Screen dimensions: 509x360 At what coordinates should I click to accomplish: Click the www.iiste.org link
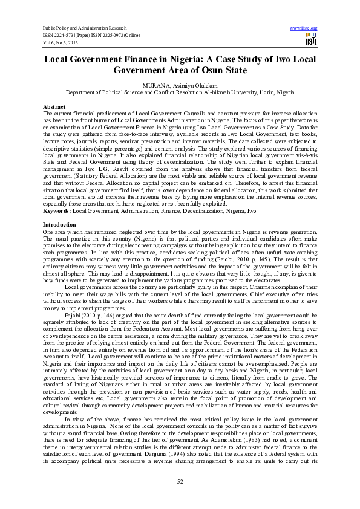click(x=304, y=28)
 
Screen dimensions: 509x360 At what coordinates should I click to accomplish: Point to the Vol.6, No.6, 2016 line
click(x=61, y=43)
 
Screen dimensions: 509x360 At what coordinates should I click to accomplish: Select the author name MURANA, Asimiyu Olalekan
click(x=180, y=86)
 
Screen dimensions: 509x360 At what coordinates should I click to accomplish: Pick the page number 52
click(x=180, y=481)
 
